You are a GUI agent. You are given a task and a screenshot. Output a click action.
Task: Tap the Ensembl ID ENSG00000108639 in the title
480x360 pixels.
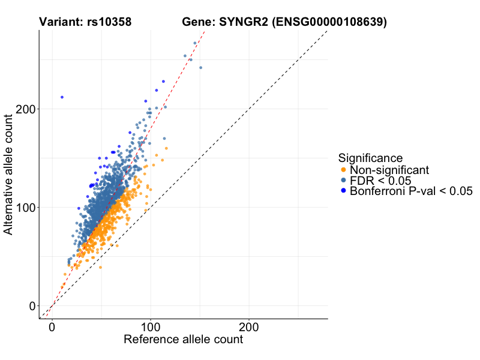click(x=329, y=22)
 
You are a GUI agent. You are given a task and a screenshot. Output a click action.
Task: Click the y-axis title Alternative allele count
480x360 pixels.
click(x=9, y=175)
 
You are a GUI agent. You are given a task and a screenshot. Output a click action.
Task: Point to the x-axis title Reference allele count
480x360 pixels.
click(x=183, y=340)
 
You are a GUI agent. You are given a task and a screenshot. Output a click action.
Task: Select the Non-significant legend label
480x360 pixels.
click(x=389, y=170)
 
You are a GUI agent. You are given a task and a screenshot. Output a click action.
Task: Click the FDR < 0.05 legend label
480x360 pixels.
click(x=380, y=181)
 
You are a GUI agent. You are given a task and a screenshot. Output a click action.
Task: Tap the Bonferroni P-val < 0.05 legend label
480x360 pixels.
click(x=412, y=191)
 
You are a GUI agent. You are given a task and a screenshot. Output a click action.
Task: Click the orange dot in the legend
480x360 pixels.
click(x=343, y=170)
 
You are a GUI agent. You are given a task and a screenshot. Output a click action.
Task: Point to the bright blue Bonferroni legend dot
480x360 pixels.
click(x=343, y=191)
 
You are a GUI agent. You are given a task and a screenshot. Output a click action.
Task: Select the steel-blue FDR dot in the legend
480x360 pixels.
click(x=343, y=181)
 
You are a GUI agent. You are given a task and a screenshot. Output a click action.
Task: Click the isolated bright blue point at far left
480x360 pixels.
click(x=62, y=97)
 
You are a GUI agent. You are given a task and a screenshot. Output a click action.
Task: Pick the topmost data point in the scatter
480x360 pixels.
click(x=195, y=43)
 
